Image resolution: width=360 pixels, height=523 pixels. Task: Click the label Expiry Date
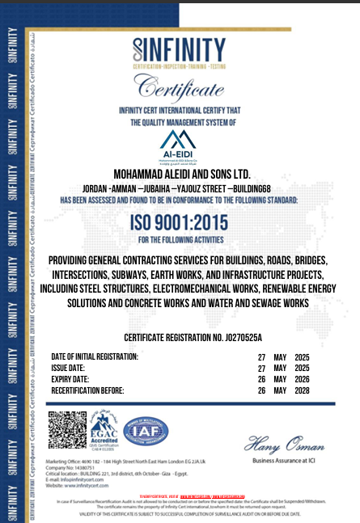[74, 379]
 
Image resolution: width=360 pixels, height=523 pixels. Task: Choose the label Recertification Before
[87, 390]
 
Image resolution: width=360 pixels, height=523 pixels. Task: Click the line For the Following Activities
[188, 241]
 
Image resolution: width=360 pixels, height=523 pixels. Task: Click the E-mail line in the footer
[81, 479]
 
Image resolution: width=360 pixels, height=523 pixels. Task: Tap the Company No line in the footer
[73, 467]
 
